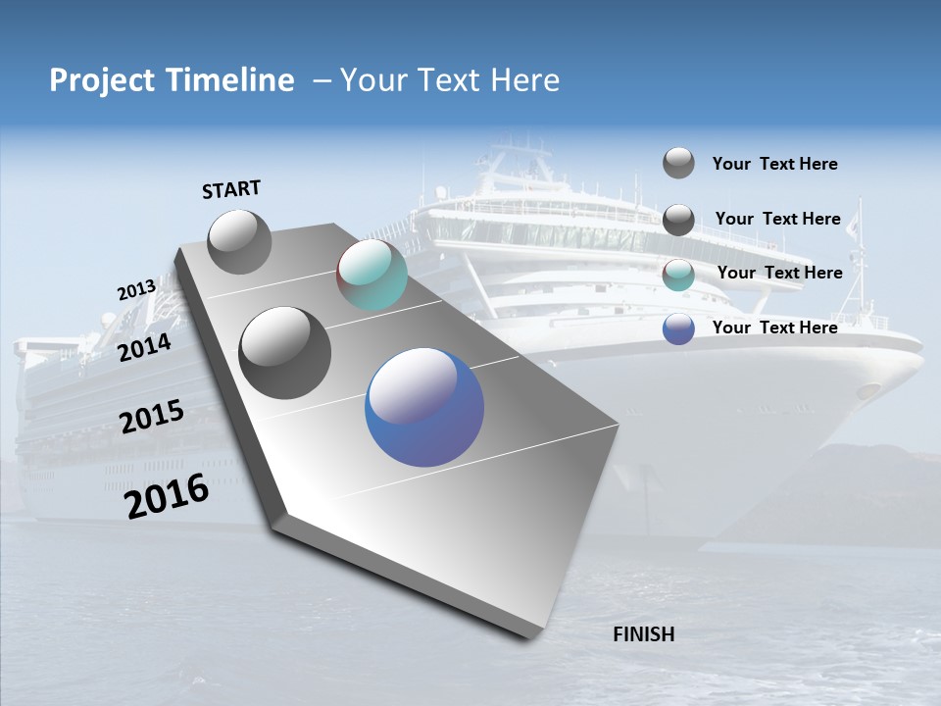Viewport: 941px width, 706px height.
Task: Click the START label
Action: click(231, 189)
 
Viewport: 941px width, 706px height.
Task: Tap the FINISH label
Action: click(644, 634)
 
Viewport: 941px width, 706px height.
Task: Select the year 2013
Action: click(136, 290)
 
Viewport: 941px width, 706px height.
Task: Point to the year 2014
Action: click(145, 348)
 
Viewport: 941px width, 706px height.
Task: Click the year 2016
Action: click(168, 496)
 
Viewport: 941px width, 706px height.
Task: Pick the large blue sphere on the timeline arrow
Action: click(424, 408)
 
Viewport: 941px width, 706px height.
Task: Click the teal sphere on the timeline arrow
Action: click(371, 275)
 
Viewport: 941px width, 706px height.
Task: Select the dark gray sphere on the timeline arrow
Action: click(285, 353)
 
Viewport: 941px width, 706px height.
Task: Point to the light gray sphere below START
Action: click(240, 241)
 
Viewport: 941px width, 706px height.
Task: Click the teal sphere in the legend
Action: click(678, 275)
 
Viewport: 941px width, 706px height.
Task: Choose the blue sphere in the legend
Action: click(678, 329)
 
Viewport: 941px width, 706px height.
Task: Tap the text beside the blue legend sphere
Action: click(774, 328)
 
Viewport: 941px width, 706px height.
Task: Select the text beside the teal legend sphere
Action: click(779, 273)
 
